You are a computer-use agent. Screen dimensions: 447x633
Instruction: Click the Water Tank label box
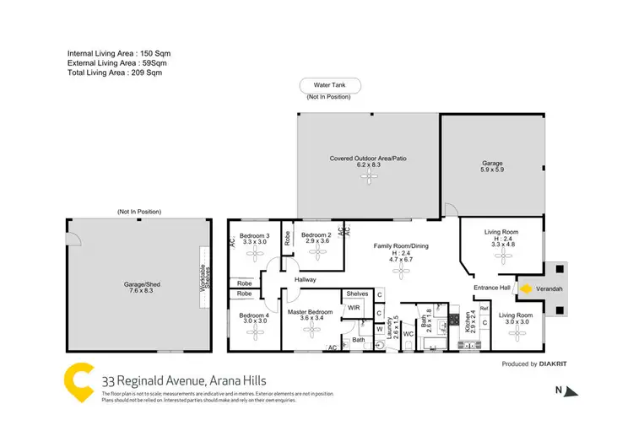click(330, 85)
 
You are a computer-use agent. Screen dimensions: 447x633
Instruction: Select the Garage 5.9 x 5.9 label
click(492, 165)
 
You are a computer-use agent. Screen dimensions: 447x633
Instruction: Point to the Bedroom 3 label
click(255, 239)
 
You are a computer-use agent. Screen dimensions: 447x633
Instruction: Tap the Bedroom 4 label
click(254, 319)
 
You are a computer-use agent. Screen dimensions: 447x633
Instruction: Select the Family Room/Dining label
click(401, 251)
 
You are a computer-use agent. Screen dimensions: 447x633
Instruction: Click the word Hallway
click(305, 279)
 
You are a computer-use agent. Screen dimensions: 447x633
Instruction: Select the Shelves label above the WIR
click(355, 294)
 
